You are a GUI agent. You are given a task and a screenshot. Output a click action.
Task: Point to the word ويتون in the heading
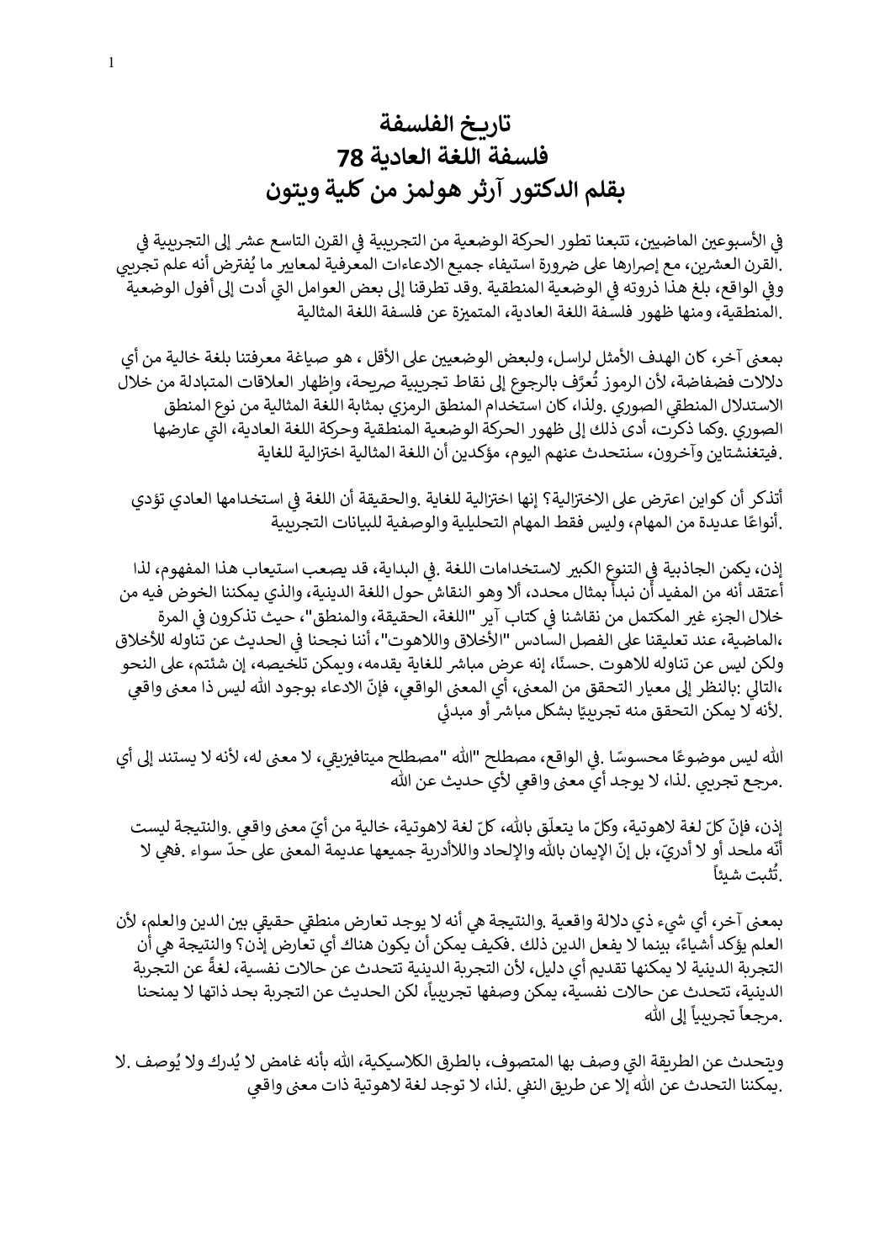coord(292,188)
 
